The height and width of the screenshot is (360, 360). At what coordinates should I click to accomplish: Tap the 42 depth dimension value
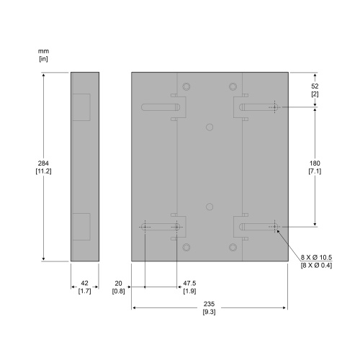[x=84, y=283]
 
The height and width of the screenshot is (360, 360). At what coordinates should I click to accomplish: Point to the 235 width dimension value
[x=210, y=303]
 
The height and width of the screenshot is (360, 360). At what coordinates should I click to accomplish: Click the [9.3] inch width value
[x=210, y=312]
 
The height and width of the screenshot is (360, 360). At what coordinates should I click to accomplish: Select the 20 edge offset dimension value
[x=118, y=283]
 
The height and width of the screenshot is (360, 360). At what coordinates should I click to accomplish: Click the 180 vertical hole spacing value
[x=315, y=162]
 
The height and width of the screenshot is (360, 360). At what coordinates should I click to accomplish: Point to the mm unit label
[x=43, y=51]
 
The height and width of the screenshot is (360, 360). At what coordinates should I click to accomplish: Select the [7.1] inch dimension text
[x=315, y=171]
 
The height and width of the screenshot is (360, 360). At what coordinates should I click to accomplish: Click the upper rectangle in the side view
[x=81, y=107]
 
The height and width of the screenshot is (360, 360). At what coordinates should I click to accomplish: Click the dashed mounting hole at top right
[x=274, y=108]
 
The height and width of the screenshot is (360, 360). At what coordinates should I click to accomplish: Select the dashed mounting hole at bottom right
[x=274, y=227]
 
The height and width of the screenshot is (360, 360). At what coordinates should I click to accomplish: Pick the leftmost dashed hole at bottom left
[x=145, y=227]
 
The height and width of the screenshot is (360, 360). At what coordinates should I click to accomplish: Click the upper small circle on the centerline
[x=210, y=127]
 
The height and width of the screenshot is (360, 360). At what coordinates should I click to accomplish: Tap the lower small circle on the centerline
[x=210, y=207]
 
